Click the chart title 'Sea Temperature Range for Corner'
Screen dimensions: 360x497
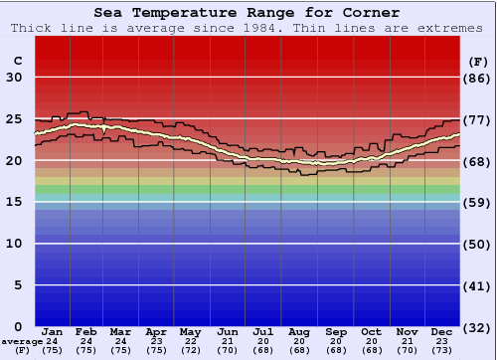(248, 13)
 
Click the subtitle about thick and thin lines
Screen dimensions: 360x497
(248, 28)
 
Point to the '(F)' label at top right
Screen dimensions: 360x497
(477, 61)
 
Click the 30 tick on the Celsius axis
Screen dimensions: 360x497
(14, 78)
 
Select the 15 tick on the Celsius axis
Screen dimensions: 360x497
(14, 202)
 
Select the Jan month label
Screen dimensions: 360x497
(53, 331)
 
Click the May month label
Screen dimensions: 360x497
(189, 331)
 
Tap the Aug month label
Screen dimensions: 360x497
(299, 331)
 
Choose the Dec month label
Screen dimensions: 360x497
(442, 331)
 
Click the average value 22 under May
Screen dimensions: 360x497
(189, 341)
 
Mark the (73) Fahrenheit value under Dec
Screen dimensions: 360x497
(442, 350)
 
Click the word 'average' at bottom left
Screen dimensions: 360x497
(22, 341)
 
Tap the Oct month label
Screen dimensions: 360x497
(371, 331)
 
